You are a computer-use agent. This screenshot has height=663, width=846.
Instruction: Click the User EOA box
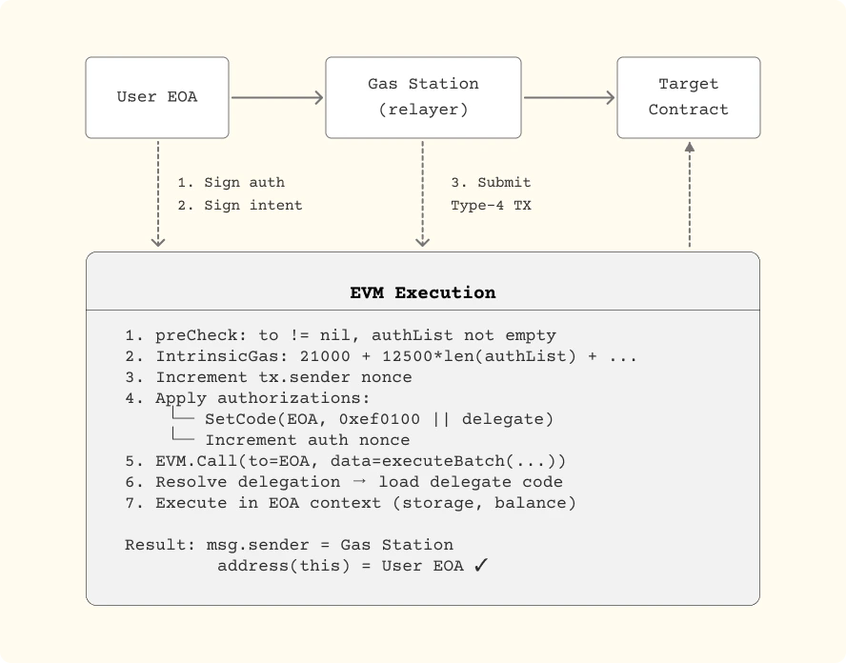point(157,97)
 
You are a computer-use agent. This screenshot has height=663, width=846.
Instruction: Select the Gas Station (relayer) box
point(423,97)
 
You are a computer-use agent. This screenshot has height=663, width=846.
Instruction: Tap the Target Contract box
point(688,97)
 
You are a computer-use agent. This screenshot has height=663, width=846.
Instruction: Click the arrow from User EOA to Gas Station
point(277,97)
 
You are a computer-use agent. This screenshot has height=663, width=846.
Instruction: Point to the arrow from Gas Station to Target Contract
point(569,97)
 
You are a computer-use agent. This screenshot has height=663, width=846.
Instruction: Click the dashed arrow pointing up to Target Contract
point(689,195)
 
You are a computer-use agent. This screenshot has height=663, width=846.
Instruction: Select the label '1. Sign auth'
point(231,182)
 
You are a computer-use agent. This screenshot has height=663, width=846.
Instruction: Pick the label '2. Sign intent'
point(240,205)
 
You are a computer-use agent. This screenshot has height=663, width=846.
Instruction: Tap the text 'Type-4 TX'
point(491,205)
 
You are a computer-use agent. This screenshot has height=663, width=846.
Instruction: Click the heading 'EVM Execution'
point(423,292)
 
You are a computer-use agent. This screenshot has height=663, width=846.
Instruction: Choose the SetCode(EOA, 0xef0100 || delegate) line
point(378,419)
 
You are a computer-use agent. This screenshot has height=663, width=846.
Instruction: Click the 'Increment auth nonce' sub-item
point(307,440)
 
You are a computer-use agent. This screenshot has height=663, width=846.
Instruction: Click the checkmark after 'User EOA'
point(481,566)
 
